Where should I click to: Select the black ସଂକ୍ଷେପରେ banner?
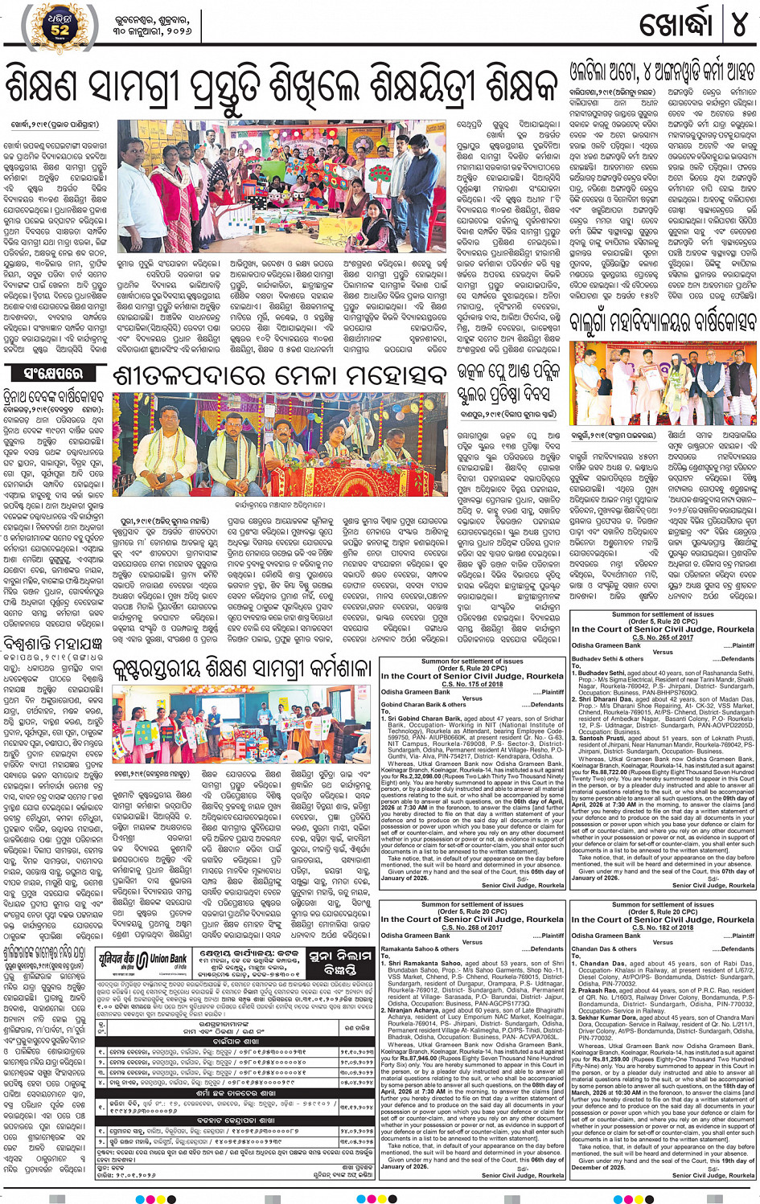point(53,373)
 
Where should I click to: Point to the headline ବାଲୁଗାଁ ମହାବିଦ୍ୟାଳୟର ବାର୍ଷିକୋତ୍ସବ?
point(663,323)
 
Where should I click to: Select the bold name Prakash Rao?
point(601,990)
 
